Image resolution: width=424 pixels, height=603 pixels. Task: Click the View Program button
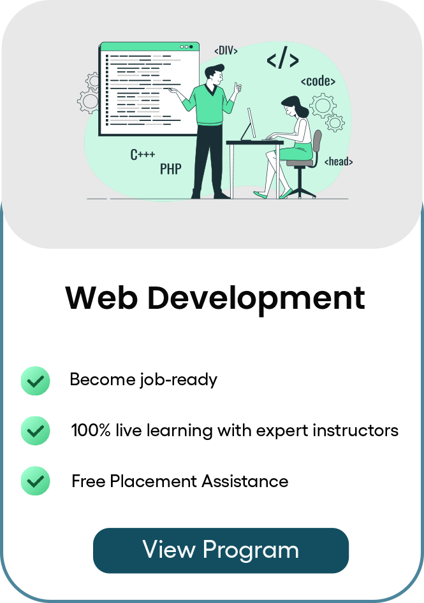(x=221, y=550)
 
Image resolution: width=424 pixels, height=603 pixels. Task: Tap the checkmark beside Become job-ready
(x=35, y=380)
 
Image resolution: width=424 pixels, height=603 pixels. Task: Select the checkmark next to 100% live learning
(x=35, y=431)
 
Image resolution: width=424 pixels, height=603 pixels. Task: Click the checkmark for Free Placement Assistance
(x=35, y=481)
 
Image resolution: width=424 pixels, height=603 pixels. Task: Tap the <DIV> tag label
(x=226, y=50)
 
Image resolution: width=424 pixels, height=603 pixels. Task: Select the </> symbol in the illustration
(x=282, y=60)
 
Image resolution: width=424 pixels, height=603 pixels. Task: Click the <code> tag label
(x=318, y=81)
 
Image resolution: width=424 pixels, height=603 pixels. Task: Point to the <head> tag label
(x=338, y=161)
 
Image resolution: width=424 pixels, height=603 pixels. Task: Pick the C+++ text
(x=143, y=154)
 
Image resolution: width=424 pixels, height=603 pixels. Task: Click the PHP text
(x=170, y=169)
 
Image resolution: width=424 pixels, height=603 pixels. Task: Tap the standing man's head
(x=215, y=75)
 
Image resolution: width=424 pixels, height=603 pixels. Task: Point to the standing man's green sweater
(x=208, y=105)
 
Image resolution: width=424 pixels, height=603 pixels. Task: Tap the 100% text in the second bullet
(x=91, y=430)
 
